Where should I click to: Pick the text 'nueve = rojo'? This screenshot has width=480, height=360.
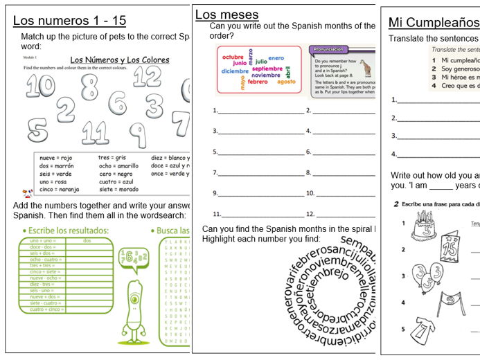tap(56, 159)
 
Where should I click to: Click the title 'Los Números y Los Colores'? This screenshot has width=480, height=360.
tap(119, 60)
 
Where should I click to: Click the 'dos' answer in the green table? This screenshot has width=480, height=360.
tap(87, 240)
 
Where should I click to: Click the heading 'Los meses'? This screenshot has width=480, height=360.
tap(226, 15)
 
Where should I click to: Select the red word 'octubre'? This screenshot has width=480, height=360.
tap(233, 56)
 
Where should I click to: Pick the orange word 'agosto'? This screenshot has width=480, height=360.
tap(285, 82)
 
